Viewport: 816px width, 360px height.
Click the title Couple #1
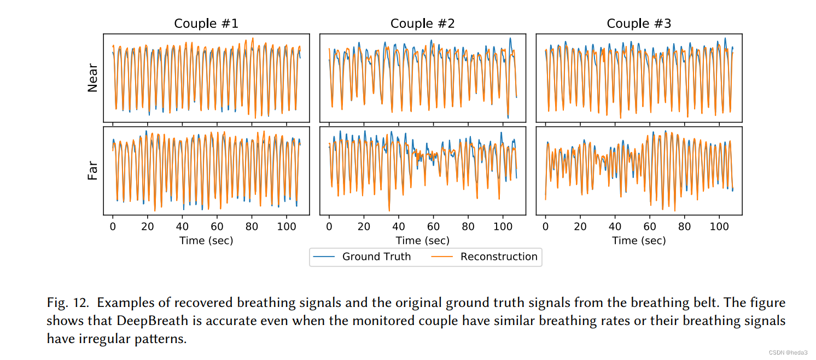click(206, 24)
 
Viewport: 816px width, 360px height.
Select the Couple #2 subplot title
click(422, 24)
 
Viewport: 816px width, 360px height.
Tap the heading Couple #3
click(639, 24)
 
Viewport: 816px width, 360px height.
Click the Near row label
click(93, 79)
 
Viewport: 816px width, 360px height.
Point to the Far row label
click(93, 170)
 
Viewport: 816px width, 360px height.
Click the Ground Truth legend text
click(376, 257)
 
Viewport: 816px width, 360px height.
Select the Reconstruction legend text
click(499, 257)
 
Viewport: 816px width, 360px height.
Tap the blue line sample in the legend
click(325, 257)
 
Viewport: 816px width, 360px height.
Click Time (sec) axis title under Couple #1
click(206, 240)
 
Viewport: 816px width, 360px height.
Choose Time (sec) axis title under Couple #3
click(639, 240)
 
